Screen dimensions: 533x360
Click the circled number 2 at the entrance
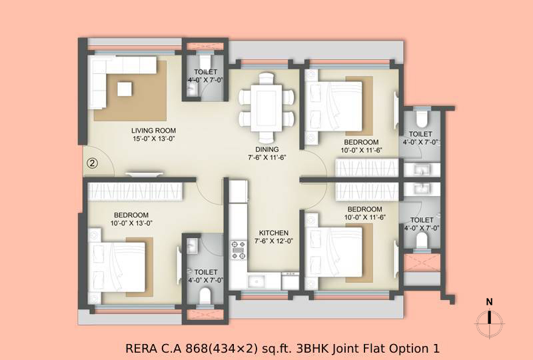click(92, 163)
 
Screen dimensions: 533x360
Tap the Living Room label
click(154, 130)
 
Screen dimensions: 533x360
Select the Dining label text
click(267, 149)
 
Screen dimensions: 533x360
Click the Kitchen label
click(274, 233)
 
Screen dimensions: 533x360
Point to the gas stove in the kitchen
click(239, 250)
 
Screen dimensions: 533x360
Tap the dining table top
click(266, 108)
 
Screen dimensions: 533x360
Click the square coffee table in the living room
click(125, 89)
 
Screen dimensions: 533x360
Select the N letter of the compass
click(489, 302)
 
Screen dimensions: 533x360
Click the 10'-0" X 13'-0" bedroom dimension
click(131, 223)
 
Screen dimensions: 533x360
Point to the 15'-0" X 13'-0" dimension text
click(154, 139)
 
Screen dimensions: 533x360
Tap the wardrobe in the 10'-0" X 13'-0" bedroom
click(135, 191)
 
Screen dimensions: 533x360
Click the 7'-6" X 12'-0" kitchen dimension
click(274, 241)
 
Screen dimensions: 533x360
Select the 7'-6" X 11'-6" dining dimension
click(267, 157)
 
